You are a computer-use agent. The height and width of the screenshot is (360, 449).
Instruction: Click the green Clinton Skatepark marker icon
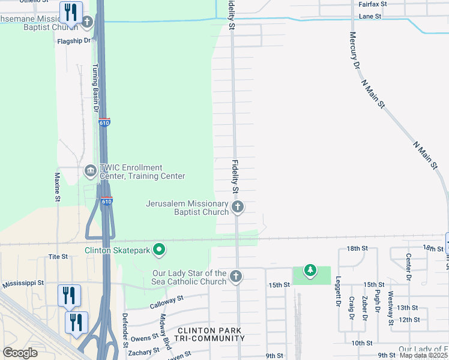pyautogui.click(x=158, y=250)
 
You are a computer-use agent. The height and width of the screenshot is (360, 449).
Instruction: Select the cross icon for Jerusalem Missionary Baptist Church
pyautogui.click(x=238, y=208)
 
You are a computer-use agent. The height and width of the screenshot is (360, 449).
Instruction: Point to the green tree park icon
pyautogui.click(x=310, y=271)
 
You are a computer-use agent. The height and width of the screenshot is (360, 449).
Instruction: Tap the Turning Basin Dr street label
pyautogui.click(x=94, y=88)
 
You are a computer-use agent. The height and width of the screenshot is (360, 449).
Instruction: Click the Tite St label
pyautogui.click(x=58, y=256)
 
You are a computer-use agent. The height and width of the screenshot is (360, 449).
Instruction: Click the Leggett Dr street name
pyautogui.click(x=338, y=290)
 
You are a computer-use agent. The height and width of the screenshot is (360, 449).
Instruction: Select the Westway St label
pyautogui.click(x=391, y=307)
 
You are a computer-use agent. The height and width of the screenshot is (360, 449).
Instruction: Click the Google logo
pyautogui.click(x=20, y=353)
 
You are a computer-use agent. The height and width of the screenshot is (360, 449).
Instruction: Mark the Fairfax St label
pyautogui.click(x=372, y=4)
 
